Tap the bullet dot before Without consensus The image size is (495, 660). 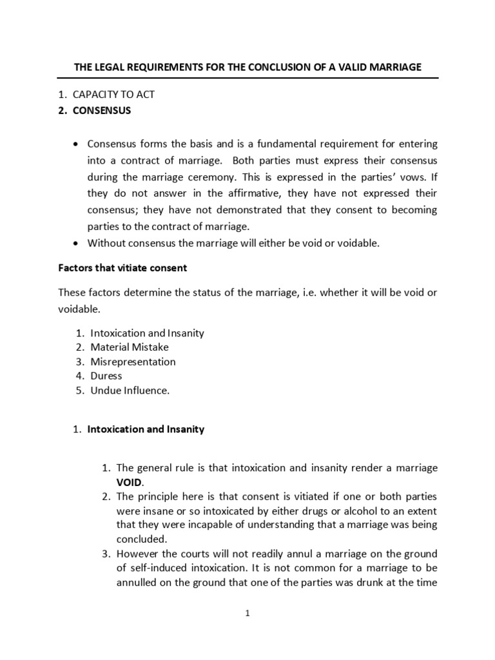pos(77,244)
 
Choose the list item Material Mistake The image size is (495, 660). pos(130,347)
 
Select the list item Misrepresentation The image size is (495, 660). pos(133,362)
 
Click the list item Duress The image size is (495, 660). pos(106,376)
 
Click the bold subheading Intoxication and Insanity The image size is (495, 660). pos(146,429)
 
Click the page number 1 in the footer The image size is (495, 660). pos(247,614)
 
